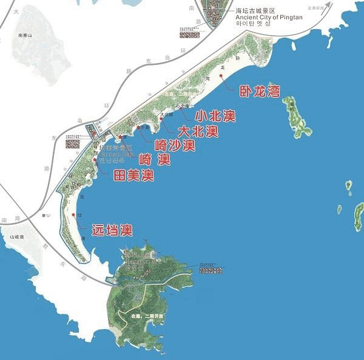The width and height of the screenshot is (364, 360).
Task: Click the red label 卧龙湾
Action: coord(259,92)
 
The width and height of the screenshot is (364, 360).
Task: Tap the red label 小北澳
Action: coord(215,115)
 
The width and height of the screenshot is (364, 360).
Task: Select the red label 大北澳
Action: coord(197,131)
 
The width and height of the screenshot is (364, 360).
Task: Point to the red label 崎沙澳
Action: coord(174,145)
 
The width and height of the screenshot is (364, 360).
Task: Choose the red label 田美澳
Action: coord(133,176)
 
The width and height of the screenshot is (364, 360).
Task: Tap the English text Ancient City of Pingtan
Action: coord(268,18)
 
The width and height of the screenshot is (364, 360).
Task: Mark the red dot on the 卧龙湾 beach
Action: coord(231,85)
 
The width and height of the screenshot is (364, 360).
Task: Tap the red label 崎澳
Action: coord(154,160)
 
